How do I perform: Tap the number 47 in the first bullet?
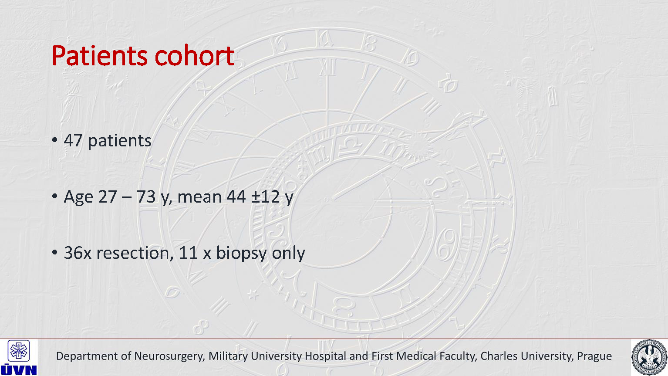coord(73,141)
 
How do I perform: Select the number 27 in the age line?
coord(108,196)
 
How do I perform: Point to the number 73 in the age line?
coord(146,196)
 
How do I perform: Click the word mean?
coord(199,197)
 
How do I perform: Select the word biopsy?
coord(241,254)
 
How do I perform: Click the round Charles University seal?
coord(649,357)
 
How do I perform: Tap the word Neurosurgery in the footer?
coord(169,356)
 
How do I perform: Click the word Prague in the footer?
coord(594,356)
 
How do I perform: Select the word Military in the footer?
coord(228,356)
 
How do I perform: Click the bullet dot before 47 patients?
coord(54,140)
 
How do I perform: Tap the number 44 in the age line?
coord(236,196)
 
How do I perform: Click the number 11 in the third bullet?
coord(189,253)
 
